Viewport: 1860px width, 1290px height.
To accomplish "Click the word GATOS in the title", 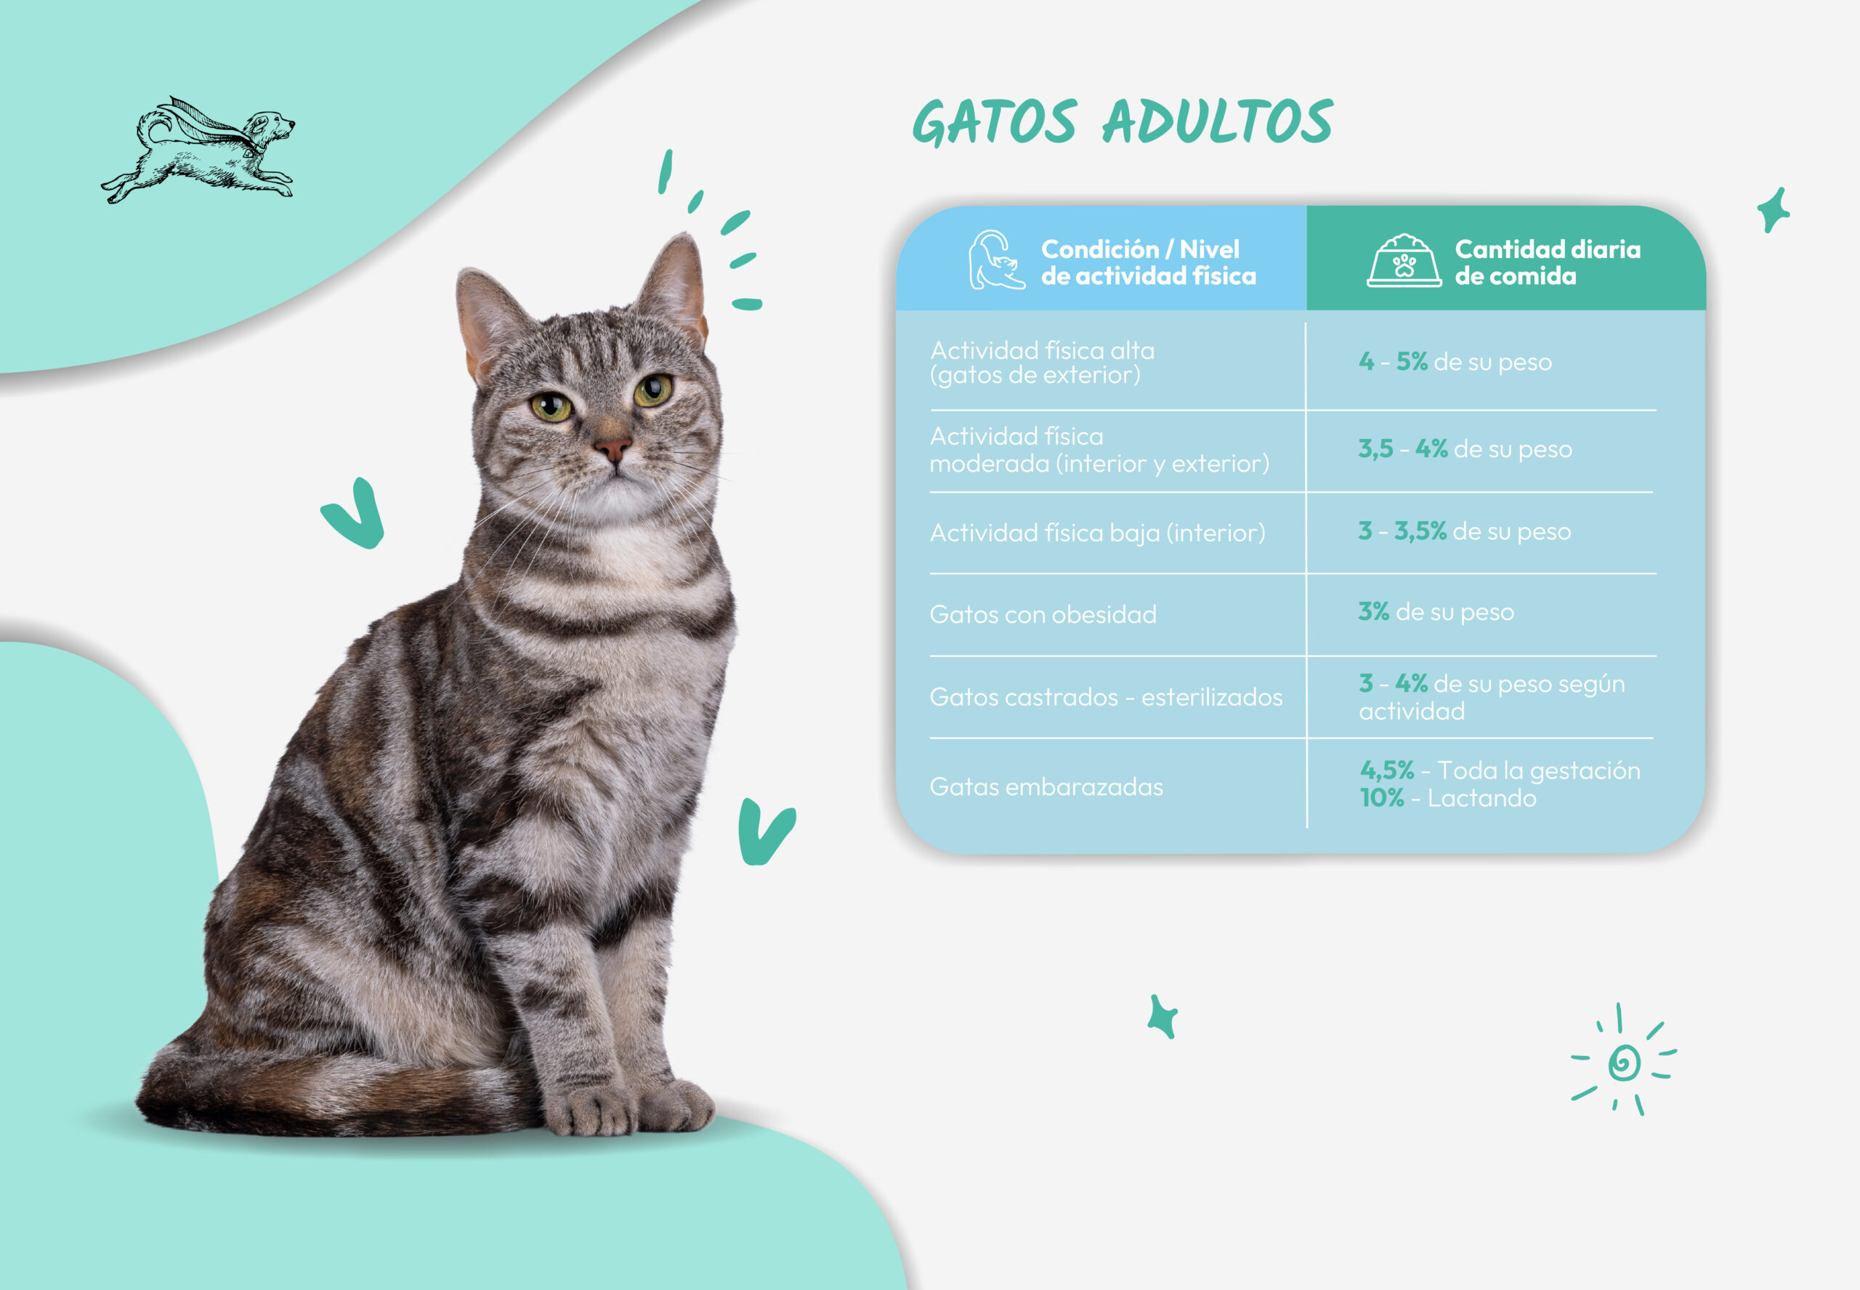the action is pos(995,122).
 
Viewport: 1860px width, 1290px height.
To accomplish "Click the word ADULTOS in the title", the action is pos(1218,121).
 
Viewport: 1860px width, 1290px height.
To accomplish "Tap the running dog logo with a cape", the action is pos(198,150).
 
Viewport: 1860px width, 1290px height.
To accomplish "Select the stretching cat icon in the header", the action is pos(996,259).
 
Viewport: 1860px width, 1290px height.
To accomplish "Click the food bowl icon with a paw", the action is pos(1404,260).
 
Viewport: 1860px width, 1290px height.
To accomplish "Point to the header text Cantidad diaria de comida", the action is pos(1548,262).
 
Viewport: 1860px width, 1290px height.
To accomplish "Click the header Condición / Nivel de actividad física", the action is pos(1148,262).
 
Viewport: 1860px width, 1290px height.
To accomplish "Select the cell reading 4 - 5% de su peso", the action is pos(1455,361).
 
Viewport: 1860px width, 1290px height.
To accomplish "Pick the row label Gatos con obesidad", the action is pos(1043,614).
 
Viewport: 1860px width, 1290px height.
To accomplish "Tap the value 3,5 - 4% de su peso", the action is pos(1465,448).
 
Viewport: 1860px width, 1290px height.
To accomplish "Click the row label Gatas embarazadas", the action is pos(1046,786).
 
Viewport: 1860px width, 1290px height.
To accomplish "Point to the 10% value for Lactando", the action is pos(1382,798).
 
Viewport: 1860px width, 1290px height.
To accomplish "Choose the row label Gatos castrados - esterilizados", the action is pos(1106,697).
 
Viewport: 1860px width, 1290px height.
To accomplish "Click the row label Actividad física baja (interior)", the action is pos(1097,533).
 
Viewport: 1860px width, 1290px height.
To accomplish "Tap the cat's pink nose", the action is pos(612,447).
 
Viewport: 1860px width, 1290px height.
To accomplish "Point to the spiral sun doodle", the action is pos(1623,1060).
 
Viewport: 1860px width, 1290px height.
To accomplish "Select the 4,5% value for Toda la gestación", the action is pos(1386,770).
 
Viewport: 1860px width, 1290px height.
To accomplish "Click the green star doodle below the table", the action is pos(1162,1016).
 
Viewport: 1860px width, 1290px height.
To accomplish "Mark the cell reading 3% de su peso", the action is pos(1436,612).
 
